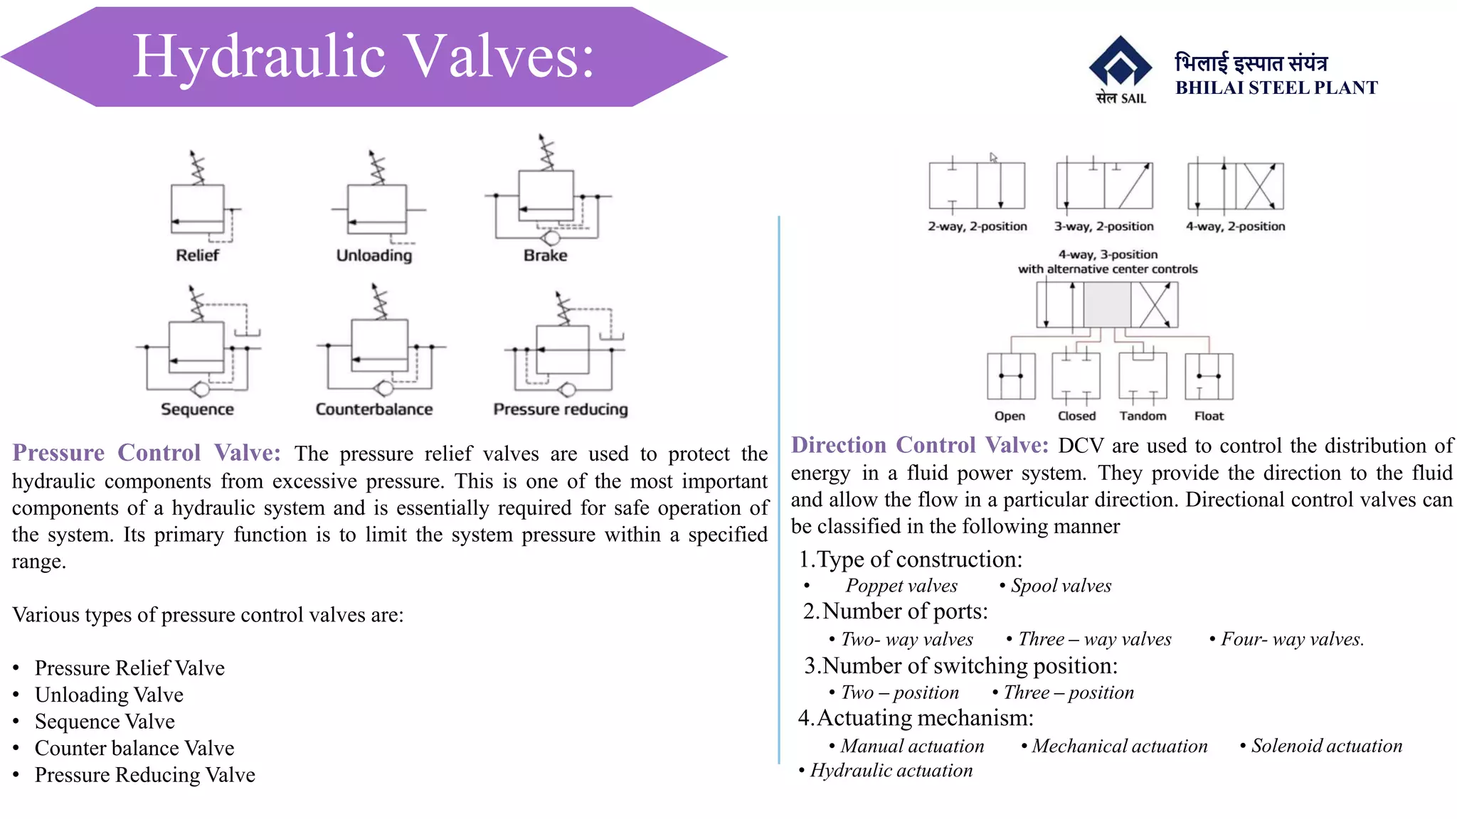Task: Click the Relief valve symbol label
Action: click(197, 255)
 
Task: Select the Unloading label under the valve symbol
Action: click(374, 255)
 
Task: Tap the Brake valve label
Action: click(546, 255)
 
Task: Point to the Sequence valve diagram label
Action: click(197, 409)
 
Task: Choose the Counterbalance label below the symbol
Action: click(374, 409)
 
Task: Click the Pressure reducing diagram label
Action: click(561, 409)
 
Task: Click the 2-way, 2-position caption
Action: click(977, 227)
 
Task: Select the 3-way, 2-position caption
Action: click(1103, 227)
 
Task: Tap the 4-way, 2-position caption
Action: click(1235, 227)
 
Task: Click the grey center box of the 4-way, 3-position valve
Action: click(1107, 305)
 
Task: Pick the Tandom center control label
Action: click(1143, 416)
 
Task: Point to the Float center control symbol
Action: click(1209, 376)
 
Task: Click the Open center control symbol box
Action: click(1011, 376)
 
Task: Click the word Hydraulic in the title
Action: click(259, 57)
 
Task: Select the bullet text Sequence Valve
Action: click(105, 722)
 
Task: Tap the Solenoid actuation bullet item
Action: click(1326, 746)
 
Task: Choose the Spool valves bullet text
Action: click(1061, 586)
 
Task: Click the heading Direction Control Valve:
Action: click(920, 445)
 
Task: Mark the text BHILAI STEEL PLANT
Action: click(1276, 88)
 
